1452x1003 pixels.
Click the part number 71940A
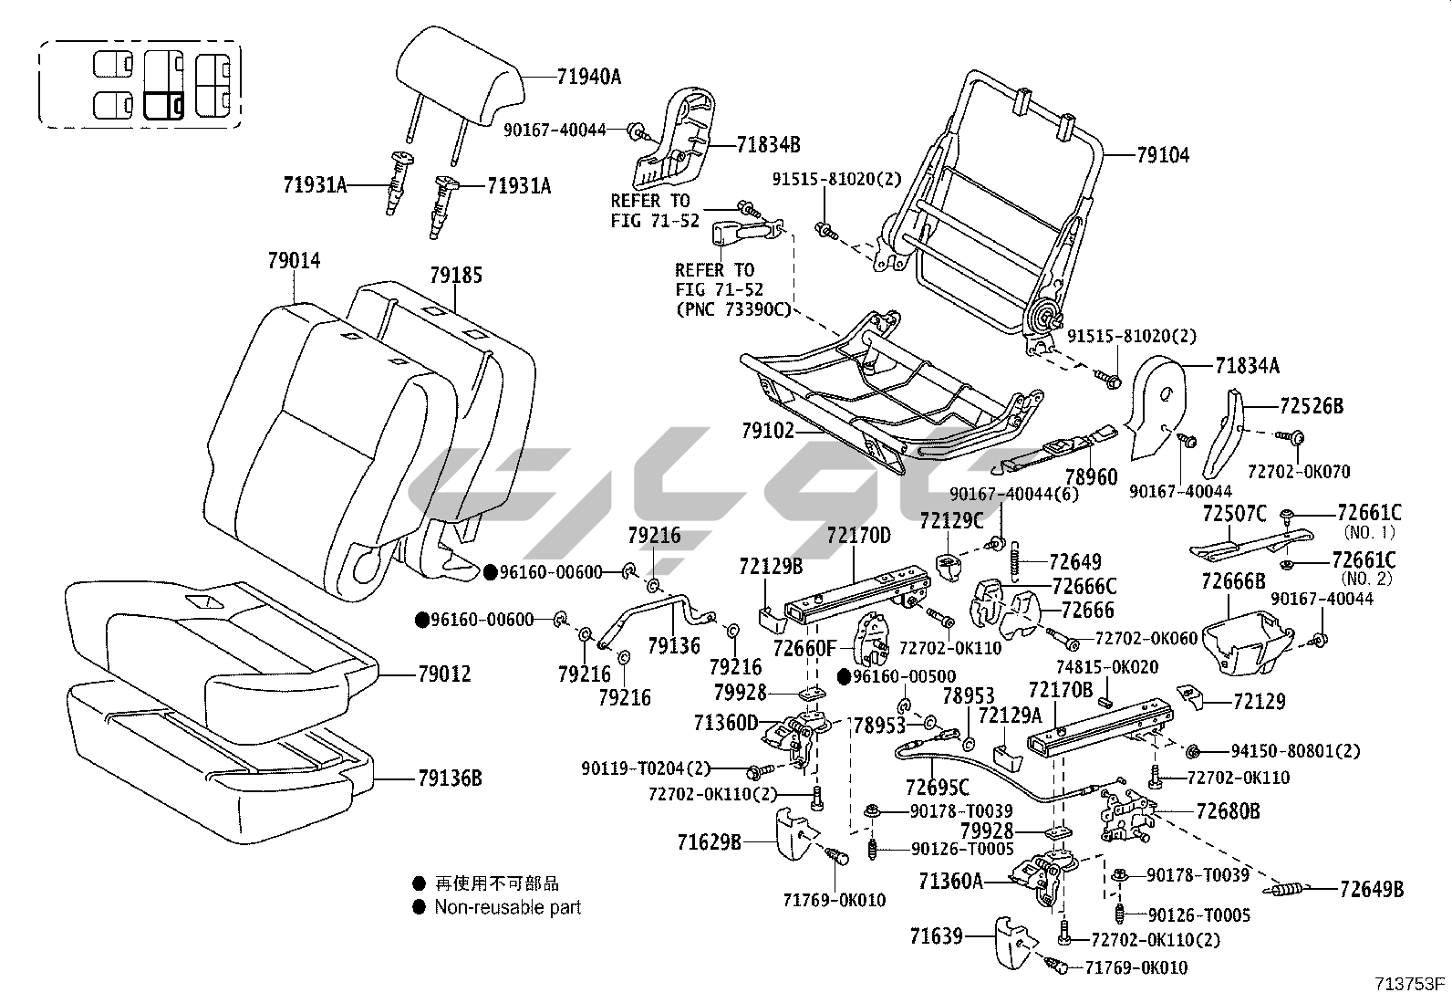[588, 77]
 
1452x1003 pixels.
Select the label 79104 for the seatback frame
[1163, 155]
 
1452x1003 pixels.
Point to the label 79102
[768, 430]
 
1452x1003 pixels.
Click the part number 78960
[1091, 477]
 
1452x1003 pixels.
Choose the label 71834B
[768, 144]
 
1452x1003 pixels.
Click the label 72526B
[1312, 406]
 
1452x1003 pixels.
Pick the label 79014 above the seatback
[294, 261]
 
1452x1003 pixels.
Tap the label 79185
[456, 275]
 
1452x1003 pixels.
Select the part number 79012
[444, 674]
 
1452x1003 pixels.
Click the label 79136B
[450, 778]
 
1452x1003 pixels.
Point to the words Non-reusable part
[507, 907]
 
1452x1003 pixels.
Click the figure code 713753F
[1411, 984]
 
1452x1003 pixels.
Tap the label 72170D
[858, 535]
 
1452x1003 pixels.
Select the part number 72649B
[1372, 888]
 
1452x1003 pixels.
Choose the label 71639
[936, 935]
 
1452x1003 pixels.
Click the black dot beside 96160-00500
[845, 677]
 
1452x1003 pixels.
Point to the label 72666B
[1233, 580]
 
